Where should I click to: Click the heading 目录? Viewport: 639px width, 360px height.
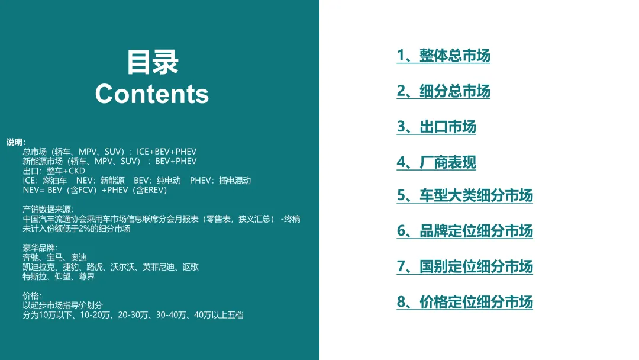point(153,62)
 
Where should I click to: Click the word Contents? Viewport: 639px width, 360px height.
point(152,94)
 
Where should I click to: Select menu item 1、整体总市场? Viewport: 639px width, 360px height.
point(443,56)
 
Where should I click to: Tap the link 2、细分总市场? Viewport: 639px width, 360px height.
point(443,91)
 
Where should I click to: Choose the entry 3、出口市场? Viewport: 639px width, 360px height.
point(436,127)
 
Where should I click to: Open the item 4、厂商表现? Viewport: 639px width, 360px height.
point(436,162)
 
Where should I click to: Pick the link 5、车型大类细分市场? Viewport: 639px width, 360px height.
point(464,195)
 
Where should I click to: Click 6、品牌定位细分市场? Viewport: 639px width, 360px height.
point(464,231)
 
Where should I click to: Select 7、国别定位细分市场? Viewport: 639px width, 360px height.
point(464,266)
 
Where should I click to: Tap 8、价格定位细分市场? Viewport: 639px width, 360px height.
point(464,302)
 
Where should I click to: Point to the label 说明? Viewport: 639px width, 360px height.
point(16,142)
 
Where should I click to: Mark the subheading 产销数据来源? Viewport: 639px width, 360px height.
point(49,209)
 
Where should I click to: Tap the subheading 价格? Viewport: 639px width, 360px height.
point(32,295)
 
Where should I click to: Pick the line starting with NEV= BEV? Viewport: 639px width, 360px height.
point(95,190)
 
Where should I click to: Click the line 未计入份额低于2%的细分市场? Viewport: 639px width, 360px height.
point(76,229)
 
